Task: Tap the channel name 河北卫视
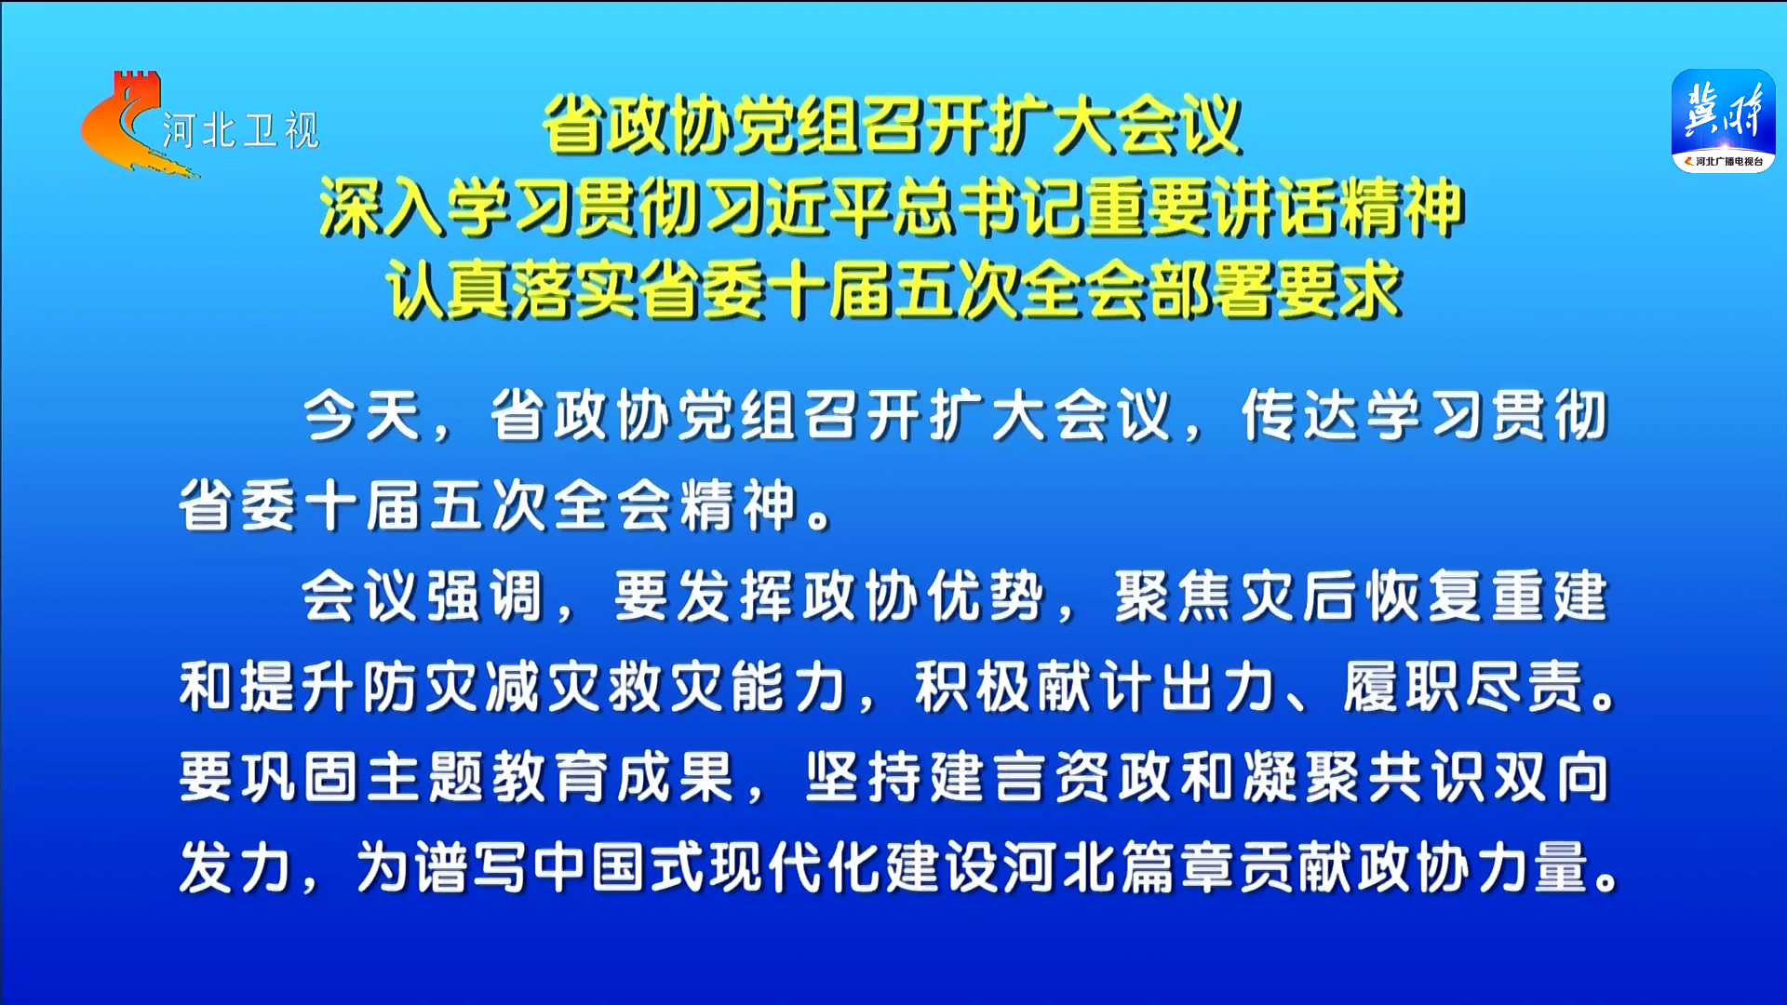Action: pos(241,130)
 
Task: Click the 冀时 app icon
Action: pos(1723,121)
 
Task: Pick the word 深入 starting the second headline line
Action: pos(383,207)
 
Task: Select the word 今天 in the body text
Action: pos(362,415)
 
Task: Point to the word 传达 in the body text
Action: pos(1302,415)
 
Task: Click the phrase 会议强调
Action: pos(423,596)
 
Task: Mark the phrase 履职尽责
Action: pos(1463,687)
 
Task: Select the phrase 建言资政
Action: pos(1053,776)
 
